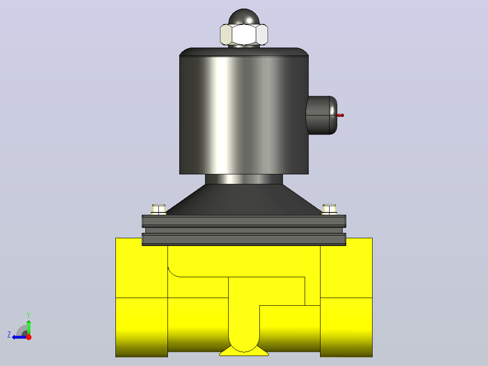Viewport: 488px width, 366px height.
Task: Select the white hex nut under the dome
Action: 244,34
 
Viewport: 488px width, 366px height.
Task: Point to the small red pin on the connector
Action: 340,115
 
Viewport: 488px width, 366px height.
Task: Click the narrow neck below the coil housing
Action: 244,179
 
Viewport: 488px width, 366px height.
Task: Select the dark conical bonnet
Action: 244,199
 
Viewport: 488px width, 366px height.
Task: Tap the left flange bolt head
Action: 158,209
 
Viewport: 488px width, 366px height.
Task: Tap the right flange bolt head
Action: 329,209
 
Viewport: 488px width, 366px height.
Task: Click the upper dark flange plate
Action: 244,221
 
